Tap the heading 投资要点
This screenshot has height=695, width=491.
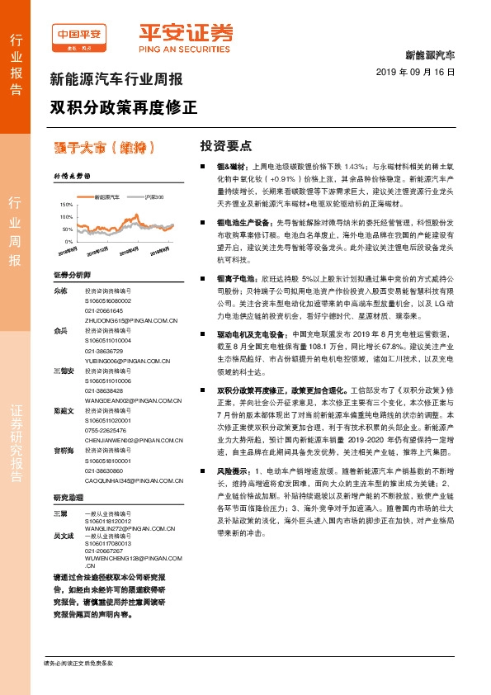[225, 146]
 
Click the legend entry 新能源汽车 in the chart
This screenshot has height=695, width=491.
[107, 198]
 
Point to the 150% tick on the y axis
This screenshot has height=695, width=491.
[67, 203]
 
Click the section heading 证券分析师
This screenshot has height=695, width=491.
[71, 274]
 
